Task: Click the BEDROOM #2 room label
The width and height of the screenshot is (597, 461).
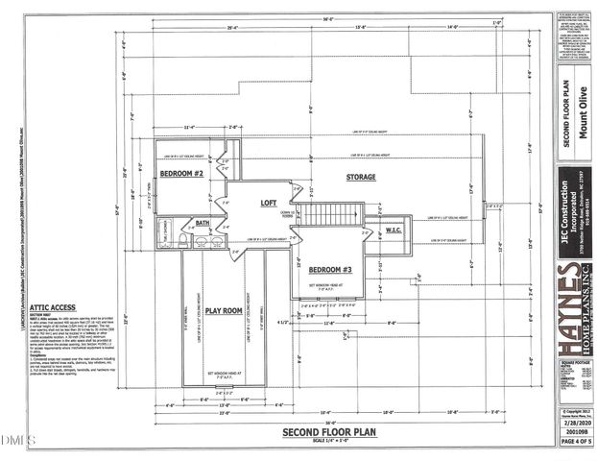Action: point(182,174)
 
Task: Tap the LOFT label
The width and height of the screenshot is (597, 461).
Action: point(268,204)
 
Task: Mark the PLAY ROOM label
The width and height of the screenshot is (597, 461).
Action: point(224,310)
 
